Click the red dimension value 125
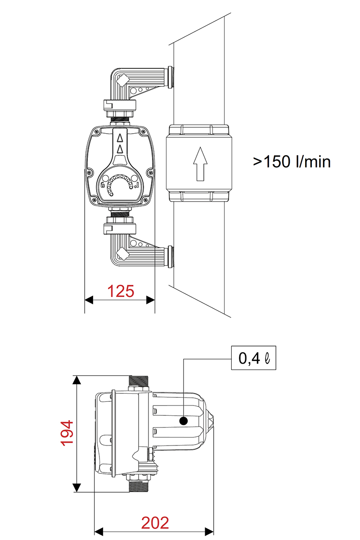[x=121, y=291]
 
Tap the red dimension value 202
[x=155, y=522]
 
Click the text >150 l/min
[x=292, y=162]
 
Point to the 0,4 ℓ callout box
[x=253, y=358]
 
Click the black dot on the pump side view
[x=184, y=421]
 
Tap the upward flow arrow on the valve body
[x=200, y=164]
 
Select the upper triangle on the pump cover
[x=120, y=138]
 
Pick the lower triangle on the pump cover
[x=120, y=150]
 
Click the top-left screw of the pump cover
[x=96, y=131]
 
